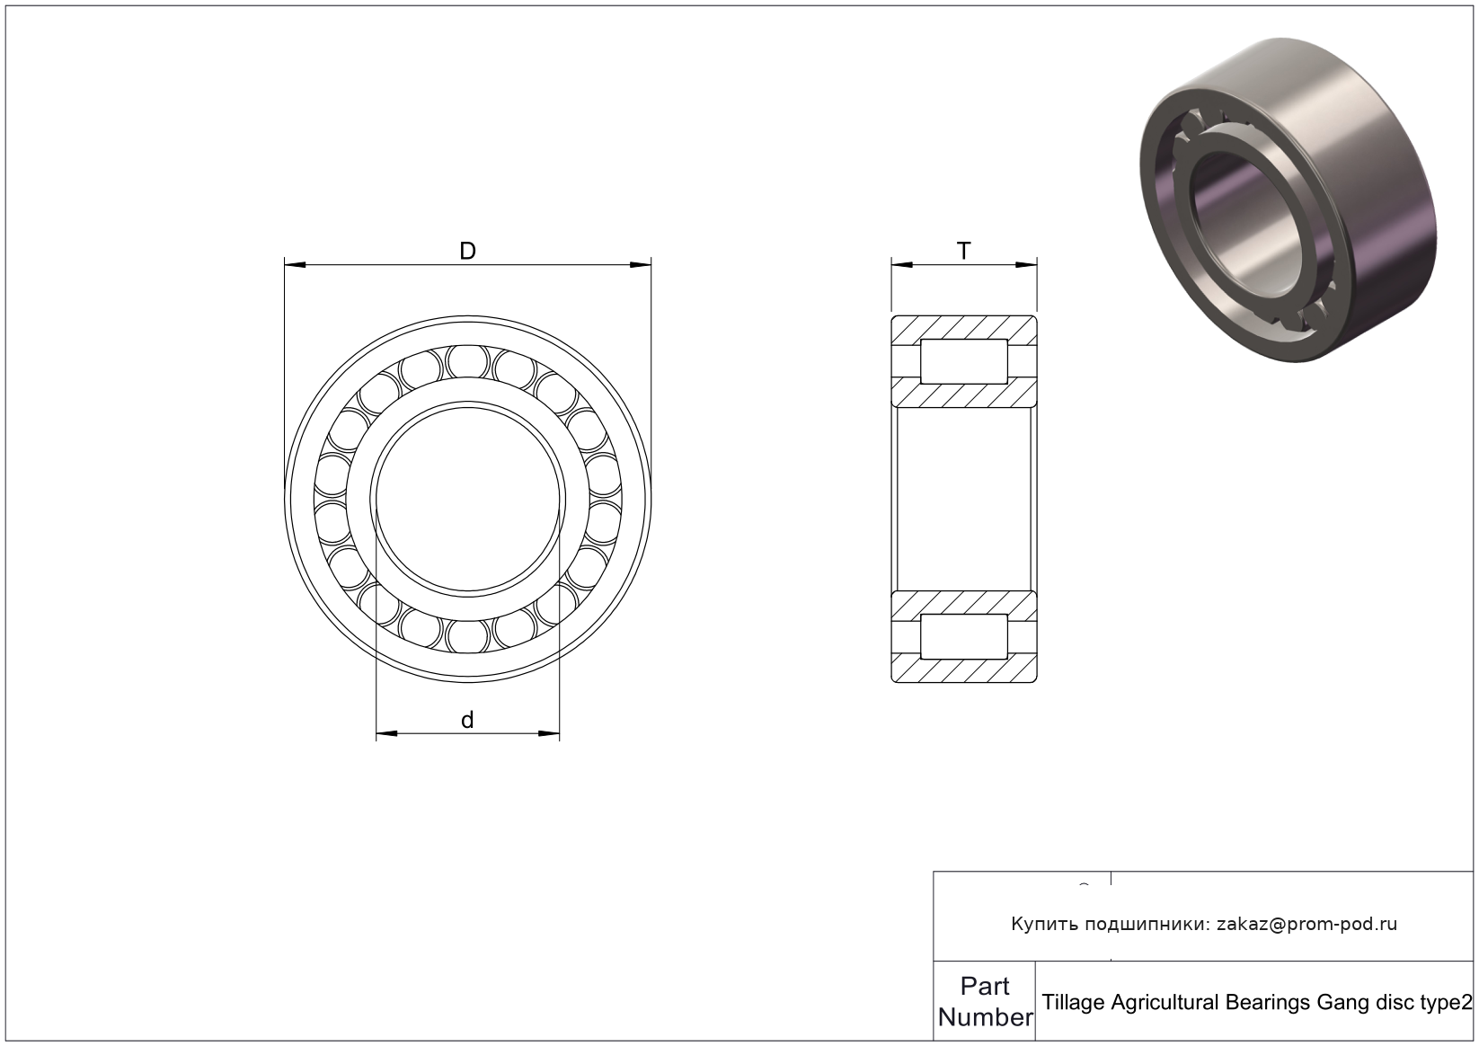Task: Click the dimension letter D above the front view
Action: pyautogui.click(x=467, y=251)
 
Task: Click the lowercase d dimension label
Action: pyautogui.click(x=467, y=720)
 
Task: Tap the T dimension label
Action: pyautogui.click(x=964, y=251)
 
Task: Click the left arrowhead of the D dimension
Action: pyautogui.click(x=295, y=265)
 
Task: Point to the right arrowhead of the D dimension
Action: pyautogui.click(x=641, y=265)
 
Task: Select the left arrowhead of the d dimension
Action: pyautogui.click(x=387, y=733)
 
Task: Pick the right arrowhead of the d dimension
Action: pyautogui.click(x=549, y=733)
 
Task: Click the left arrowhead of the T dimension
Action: pyautogui.click(x=902, y=265)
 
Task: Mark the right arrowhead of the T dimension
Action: pyautogui.click(x=1026, y=265)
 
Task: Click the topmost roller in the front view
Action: pyautogui.click(x=467, y=362)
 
